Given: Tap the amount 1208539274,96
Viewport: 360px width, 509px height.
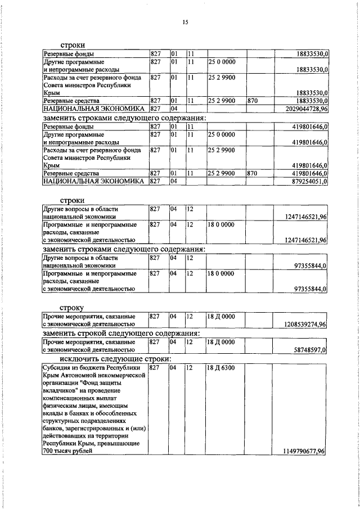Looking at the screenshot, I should coord(303,324).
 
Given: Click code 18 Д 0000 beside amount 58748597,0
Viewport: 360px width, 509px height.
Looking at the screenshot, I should coord(220,341).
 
